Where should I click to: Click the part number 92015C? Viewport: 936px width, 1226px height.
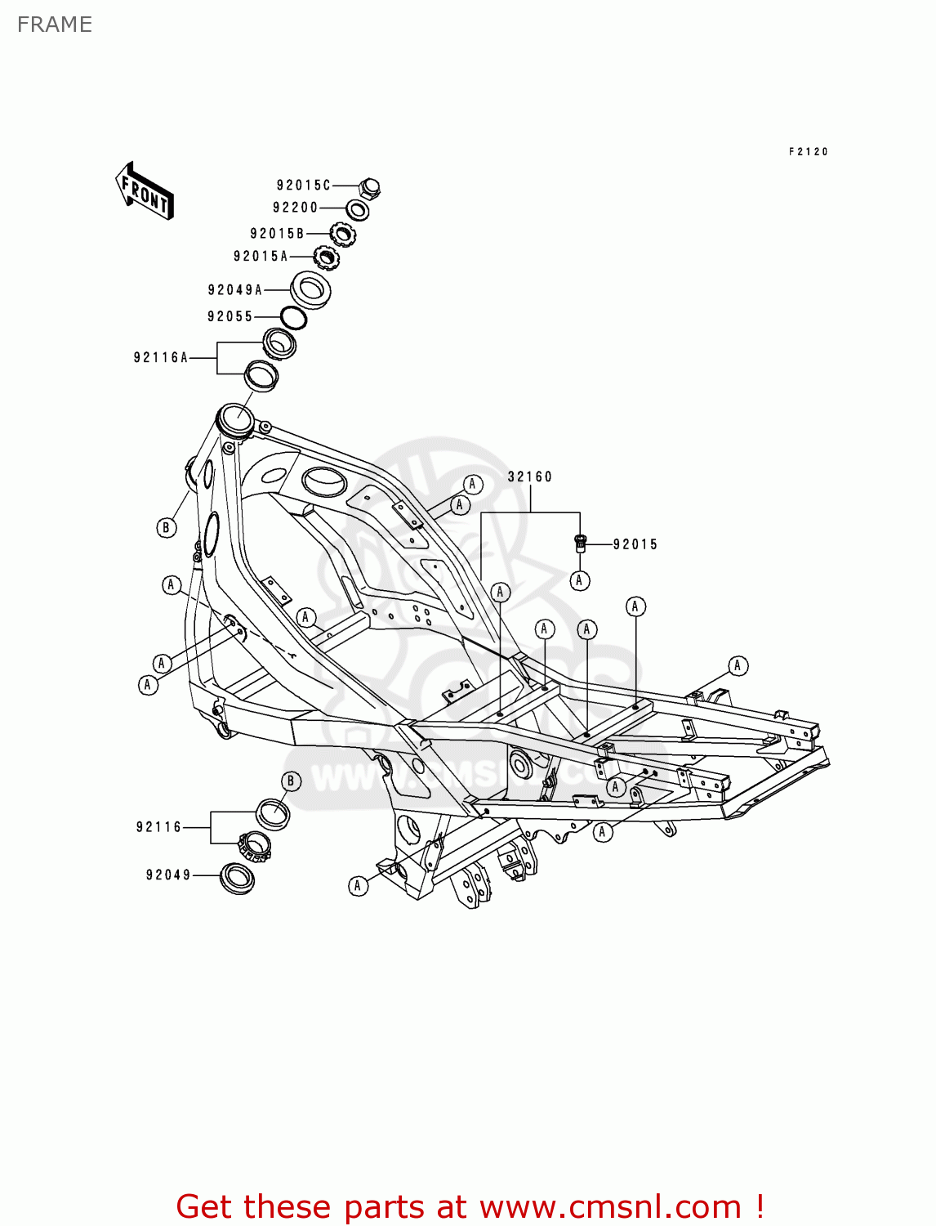coord(303,186)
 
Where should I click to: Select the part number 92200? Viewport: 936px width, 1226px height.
coord(295,208)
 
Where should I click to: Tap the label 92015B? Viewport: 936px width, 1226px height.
coord(277,234)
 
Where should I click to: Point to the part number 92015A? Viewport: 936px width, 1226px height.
coord(261,257)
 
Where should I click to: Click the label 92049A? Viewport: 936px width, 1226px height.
coord(235,290)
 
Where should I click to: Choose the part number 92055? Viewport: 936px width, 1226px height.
coord(230,317)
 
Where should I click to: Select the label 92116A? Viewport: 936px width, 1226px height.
coord(161,358)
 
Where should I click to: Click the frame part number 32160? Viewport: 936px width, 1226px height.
coord(530,477)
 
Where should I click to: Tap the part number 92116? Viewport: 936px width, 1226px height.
coord(158,827)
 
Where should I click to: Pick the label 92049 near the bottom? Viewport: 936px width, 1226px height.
coord(168,875)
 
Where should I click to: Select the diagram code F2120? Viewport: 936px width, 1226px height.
coord(809,152)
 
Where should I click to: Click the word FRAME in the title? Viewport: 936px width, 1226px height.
coord(55,25)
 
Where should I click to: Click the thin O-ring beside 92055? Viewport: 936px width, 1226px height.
coord(293,318)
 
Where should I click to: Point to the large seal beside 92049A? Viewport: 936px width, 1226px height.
coord(310,289)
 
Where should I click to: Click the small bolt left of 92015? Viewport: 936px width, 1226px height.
coord(581,542)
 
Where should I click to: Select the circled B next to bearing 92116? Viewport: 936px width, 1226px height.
coord(291,781)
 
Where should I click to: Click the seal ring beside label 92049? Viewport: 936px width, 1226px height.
coord(238,879)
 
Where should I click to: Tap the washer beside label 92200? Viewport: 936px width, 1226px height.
coord(357,210)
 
